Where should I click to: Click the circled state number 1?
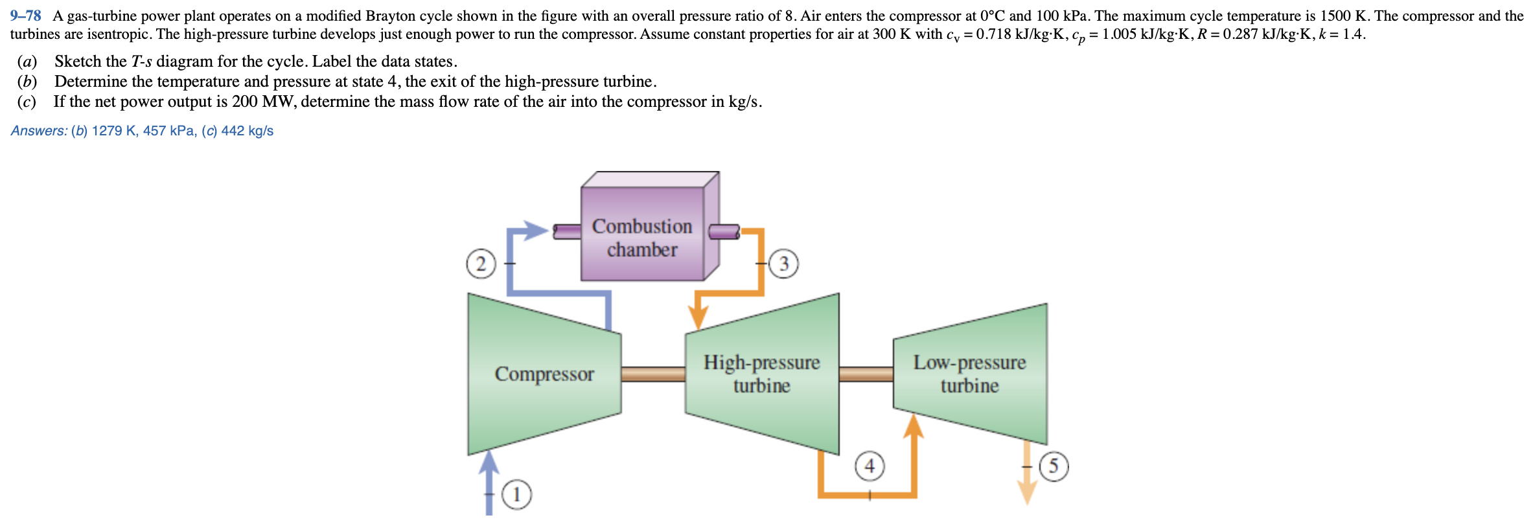[516, 495]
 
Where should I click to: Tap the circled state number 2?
[481, 264]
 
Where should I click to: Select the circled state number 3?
[784, 264]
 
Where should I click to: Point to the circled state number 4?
[870, 466]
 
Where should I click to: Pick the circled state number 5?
[1054, 466]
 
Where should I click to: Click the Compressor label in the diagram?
[544, 374]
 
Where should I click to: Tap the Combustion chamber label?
[642, 238]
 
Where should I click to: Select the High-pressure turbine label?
[762, 374]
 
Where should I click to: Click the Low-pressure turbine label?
[969, 374]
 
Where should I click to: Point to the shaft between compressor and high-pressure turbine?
[653, 374]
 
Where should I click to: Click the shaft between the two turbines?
[866, 374]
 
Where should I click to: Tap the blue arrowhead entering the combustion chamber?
[536, 231]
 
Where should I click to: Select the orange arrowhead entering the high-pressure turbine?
[698, 317]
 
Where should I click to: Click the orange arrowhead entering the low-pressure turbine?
[914, 426]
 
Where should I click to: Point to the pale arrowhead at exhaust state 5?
[1028, 494]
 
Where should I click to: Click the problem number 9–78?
[26, 16]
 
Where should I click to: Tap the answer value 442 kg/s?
[248, 131]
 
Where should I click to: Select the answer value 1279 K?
[114, 131]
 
